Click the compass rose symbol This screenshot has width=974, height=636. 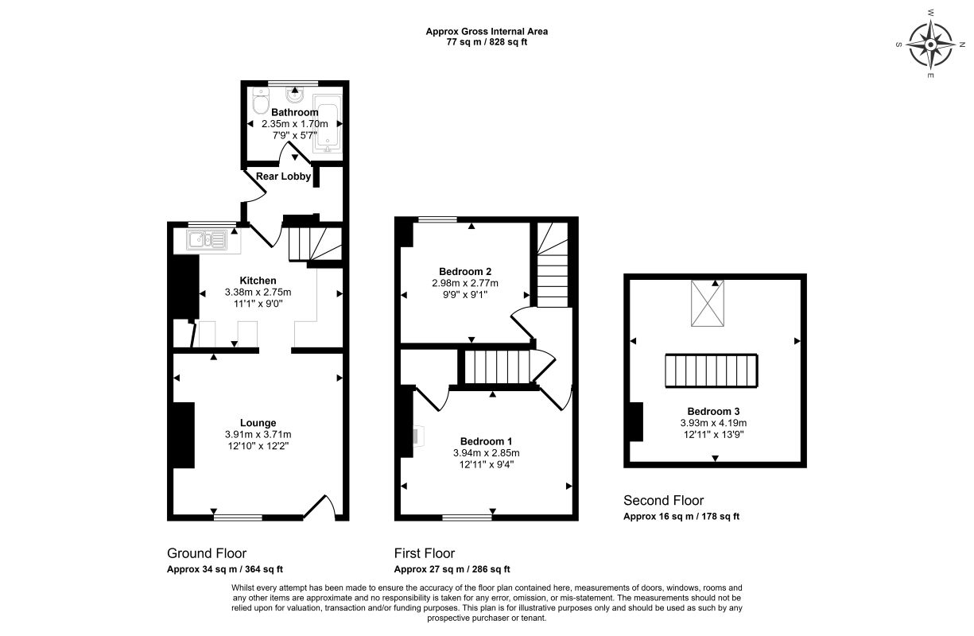(930, 45)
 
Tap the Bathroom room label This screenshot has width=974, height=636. (295, 113)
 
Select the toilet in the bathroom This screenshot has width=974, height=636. (261, 100)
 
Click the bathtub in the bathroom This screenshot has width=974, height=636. (328, 123)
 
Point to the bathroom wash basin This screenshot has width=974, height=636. (295, 94)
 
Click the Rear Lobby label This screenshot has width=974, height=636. (283, 176)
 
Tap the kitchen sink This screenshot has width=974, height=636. (207, 240)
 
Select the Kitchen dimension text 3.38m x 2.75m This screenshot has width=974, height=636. (258, 292)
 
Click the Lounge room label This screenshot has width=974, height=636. (258, 423)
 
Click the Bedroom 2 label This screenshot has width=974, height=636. (465, 272)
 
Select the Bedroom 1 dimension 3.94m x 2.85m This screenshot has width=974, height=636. (486, 453)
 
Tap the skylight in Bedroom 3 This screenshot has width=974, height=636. (708, 303)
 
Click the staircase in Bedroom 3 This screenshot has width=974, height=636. (712, 370)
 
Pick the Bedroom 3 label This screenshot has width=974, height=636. (713, 411)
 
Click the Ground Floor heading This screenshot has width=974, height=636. (207, 553)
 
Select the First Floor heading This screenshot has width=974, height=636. (425, 553)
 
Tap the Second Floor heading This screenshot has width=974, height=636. (664, 500)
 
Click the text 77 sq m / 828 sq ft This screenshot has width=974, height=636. (487, 42)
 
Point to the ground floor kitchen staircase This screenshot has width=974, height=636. (315, 244)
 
